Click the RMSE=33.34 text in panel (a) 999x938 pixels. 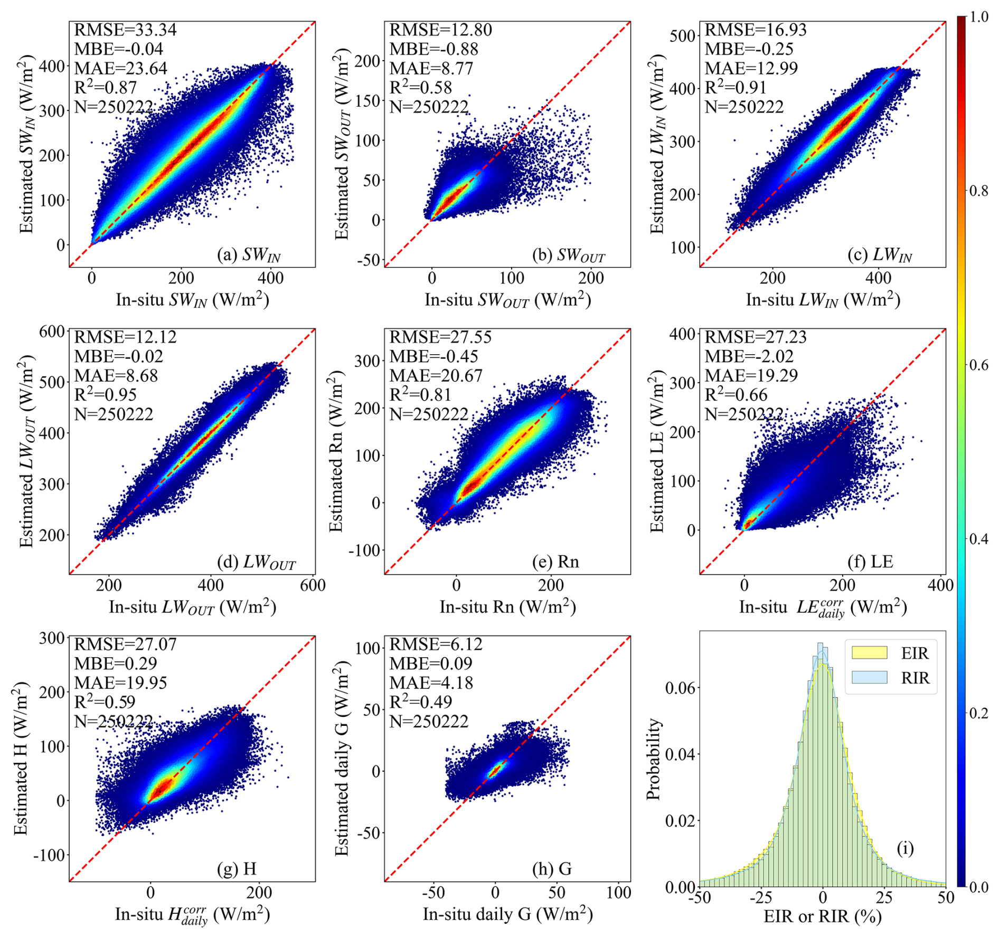click(x=125, y=30)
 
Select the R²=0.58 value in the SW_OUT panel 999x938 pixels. click(x=420, y=88)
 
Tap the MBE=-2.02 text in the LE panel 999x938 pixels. click(x=749, y=356)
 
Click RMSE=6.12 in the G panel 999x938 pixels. click(x=436, y=645)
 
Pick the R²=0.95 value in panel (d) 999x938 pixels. click(x=105, y=395)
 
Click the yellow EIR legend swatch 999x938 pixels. click(x=869, y=653)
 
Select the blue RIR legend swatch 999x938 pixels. click(x=869, y=677)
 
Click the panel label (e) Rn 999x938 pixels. click(x=555, y=562)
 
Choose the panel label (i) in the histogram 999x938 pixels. click(x=905, y=848)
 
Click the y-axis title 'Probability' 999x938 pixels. click(x=654, y=759)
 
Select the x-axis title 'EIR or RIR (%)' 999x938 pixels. click(x=823, y=917)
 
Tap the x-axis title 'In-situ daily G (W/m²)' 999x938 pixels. click(x=507, y=915)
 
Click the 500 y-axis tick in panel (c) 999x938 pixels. click(x=684, y=36)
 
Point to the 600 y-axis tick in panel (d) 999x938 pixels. click(x=52, y=331)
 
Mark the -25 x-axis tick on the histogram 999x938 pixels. click(x=761, y=897)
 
